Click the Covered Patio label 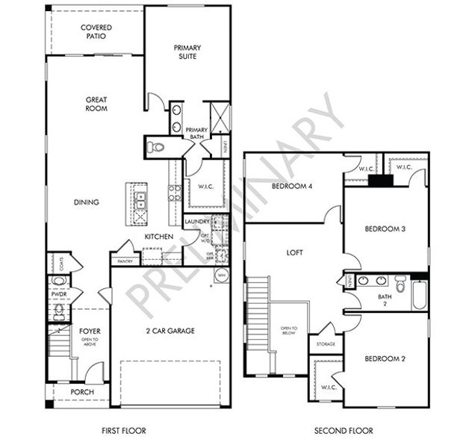tap(96, 31)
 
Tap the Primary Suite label tap(187, 52)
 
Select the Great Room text tap(96, 104)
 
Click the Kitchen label tap(159, 237)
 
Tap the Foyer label tap(90, 331)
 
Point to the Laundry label tap(196, 222)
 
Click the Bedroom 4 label tap(292, 186)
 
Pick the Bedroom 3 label tap(385, 228)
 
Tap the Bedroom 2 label tap(385, 359)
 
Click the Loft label tap(296, 253)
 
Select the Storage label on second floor tap(326, 344)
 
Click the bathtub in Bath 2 tap(420, 295)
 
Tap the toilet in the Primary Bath tap(155, 147)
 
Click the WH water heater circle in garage tap(221, 276)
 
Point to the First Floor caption tap(123, 431)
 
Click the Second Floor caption tap(343, 431)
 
